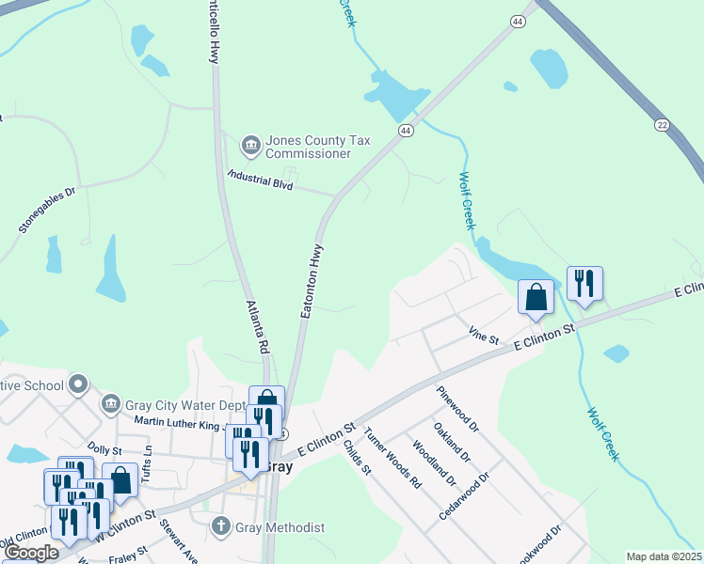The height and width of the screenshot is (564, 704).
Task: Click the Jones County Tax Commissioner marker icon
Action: pos(251,144)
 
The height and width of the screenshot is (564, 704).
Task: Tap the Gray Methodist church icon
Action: pos(221,527)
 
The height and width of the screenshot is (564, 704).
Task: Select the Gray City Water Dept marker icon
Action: pos(111,404)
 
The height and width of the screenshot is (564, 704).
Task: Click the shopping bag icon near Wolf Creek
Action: pos(536,297)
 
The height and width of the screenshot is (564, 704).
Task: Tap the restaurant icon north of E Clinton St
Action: pos(584,283)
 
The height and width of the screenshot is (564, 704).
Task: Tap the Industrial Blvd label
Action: pos(261,180)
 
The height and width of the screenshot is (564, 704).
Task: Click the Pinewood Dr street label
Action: pos(458,408)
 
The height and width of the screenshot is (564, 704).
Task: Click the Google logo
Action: pos(31,553)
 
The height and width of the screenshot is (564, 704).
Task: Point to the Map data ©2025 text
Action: pos(664,556)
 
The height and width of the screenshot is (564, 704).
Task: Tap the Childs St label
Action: pos(358,456)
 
